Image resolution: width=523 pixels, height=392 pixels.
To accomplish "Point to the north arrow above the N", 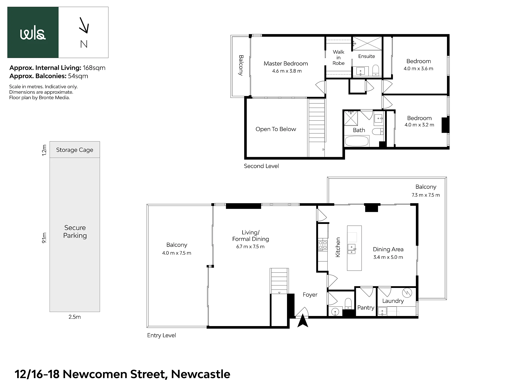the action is point(84,25).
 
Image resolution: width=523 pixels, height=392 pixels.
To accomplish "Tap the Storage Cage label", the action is point(75,150).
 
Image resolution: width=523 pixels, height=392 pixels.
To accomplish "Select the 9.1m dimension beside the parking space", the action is point(44,238).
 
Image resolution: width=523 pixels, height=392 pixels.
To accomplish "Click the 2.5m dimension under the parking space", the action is point(75,317).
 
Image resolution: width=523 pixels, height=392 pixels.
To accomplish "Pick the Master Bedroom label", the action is point(286,63).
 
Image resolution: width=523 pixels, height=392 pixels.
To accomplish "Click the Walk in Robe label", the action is point(338,57).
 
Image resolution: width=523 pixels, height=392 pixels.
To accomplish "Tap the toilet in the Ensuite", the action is point(376,70).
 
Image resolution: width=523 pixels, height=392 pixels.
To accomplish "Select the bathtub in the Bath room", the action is point(357,141).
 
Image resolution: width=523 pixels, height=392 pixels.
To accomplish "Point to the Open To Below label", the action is point(276,129).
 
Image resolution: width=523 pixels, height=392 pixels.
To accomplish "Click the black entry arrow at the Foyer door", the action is point(303,321).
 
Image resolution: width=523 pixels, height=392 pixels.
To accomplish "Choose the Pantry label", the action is point(366,308).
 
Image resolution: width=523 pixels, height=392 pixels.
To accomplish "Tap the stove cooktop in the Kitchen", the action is point(323,245).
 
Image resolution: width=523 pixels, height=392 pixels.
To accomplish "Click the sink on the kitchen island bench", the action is point(352,249).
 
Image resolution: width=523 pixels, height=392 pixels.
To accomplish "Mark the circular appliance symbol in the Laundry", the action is point(407,293).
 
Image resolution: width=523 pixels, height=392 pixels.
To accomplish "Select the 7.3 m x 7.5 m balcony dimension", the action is point(426,195).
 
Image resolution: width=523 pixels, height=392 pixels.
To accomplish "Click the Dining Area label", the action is point(388,249).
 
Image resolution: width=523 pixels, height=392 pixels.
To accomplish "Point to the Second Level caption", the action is point(261,166).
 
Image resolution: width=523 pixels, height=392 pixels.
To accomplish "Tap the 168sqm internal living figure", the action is point(94,68).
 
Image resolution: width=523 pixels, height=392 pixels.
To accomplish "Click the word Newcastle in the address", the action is point(201,374).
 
